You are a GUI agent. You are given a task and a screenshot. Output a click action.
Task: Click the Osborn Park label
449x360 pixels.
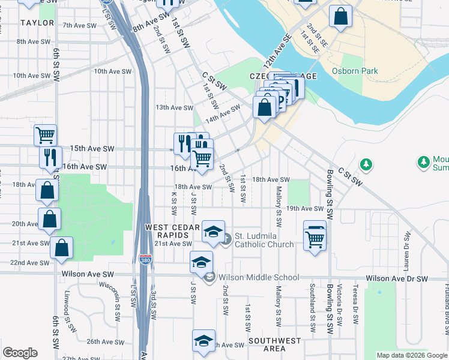pyautogui.click(x=355, y=71)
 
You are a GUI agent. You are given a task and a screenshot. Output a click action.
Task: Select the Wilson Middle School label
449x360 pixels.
pyautogui.click(x=258, y=277)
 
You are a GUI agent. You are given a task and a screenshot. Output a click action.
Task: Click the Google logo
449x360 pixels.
pyautogui.click(x=19, y=353)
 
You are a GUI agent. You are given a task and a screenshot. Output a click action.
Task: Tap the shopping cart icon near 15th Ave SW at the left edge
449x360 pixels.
pyautogui.click(x=45, y=136)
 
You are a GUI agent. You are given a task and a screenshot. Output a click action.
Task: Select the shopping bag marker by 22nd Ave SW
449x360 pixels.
pyautogui.click(x=61, y=247)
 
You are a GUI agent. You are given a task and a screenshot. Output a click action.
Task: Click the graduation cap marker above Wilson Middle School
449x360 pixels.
pyautogui.click(x=202, y=262)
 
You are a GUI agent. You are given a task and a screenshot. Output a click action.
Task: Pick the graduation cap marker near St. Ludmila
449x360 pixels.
pyautogui.click(x=213, y=232)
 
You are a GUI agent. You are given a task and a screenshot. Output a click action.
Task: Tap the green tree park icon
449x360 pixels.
pyautogui.click(x=365, y=164)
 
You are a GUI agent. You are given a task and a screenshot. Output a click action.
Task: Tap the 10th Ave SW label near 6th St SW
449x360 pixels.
pyautogui.click(x=31, y=76)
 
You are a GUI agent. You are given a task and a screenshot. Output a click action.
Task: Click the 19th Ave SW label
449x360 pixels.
pyautogui.click(x=305, y=208)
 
